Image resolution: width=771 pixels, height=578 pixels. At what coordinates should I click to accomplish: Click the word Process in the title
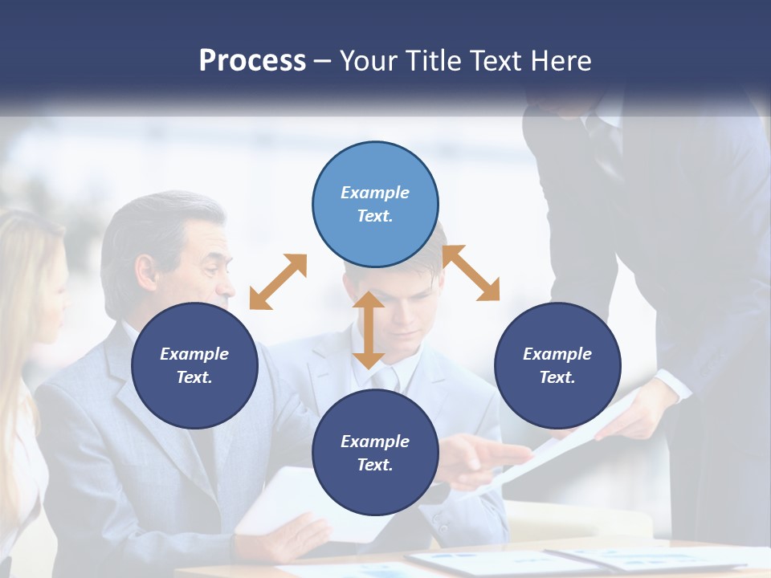click(x=252, y=60)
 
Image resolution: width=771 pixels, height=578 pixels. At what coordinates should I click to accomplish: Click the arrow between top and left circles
click(x=278, y=282)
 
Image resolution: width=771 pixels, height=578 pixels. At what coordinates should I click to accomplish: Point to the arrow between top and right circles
click(x=471, y=273)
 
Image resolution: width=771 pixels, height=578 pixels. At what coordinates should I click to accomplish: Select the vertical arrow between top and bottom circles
click(x=369, y=330)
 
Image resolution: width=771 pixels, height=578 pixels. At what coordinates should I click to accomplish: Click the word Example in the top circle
click(x=375, y=193)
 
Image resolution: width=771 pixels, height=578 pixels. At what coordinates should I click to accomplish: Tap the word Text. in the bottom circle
click(x=375, y=465)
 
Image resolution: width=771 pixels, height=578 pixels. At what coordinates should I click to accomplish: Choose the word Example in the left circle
click(x=194, y=354)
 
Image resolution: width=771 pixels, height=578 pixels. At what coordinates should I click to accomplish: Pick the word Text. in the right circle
click(x=557, y=377)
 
